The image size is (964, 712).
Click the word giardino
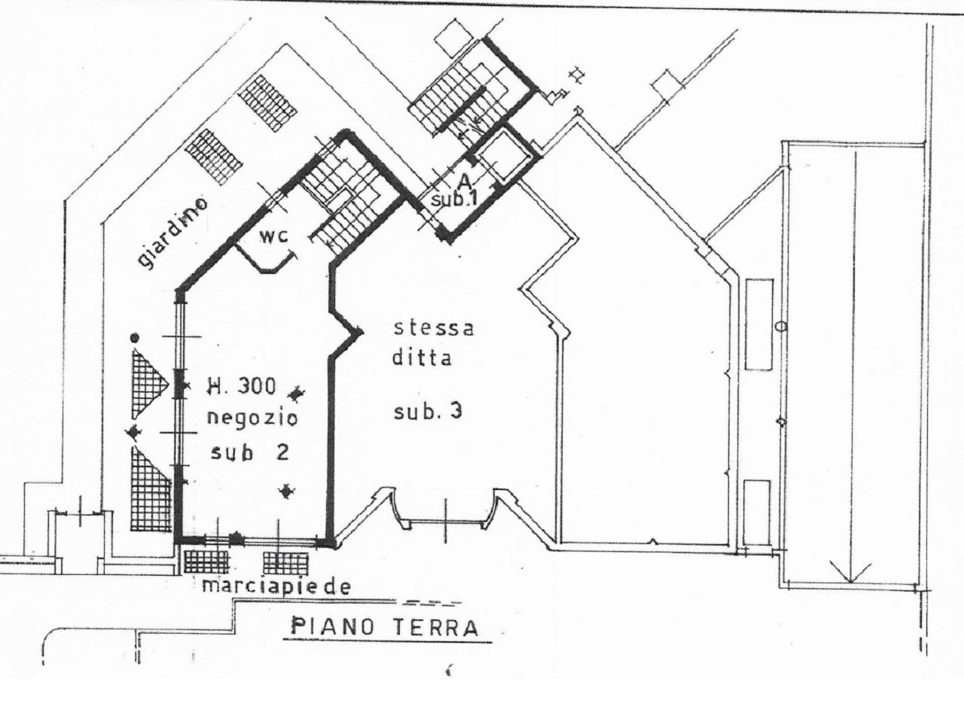[x=172, y=234]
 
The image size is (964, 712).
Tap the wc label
[x=274, y=236]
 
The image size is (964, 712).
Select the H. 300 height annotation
[x=241, y=386]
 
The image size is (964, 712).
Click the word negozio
[x=252, y=418]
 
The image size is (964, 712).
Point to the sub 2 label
[x=249, y=452]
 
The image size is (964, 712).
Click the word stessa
[x=433, y=328]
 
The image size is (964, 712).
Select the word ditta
[x=422, y=358]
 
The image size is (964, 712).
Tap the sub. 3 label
[x=428, y=411]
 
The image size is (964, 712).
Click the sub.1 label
[x=454, y=199]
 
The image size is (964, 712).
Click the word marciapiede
[x=276, y=587]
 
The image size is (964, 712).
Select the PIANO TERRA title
[x=384, y=627]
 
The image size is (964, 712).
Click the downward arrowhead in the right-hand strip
[x=850, y=573]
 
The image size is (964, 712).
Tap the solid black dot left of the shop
[x=135, y=337]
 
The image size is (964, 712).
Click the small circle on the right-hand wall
[x=781, y=326]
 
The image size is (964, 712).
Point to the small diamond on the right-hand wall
[x=781, y=421]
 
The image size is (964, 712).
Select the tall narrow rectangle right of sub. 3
[x=759, y=324]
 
